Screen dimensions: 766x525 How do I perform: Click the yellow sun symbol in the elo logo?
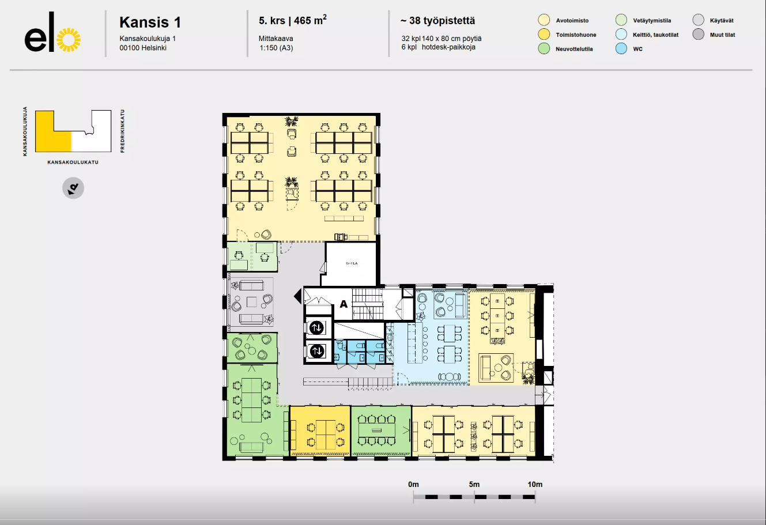click(69, 40)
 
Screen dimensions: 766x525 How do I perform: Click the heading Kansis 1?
click(150, 22)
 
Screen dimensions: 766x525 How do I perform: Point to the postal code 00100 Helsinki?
click(143, 48)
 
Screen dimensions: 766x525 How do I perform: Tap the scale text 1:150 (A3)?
click(276, 48)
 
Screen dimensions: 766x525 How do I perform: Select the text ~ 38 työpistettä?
click(437, 21)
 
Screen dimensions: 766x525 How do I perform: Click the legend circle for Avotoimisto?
click(544, 20)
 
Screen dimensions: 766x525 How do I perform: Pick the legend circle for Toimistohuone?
click(544, 35)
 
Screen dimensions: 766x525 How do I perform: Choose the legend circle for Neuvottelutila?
click(544, 48)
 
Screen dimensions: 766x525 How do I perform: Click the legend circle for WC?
click(621, 48)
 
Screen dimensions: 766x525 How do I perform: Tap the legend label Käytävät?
click(722, 21)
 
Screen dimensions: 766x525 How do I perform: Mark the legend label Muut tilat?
click(722, 35)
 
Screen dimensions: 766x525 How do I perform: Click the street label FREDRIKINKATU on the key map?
click(122, 131)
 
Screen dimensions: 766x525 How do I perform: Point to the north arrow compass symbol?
click(73, 188)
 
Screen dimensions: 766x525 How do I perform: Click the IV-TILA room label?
click(352, 263)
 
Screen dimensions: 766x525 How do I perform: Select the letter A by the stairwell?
click(344, 304)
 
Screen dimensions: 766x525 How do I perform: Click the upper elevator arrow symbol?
click(316, 328)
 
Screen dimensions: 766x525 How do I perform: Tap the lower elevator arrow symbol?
click(316, 351)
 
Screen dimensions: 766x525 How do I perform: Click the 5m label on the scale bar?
click(474, 484)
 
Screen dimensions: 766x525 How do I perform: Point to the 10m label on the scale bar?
click(535, 484)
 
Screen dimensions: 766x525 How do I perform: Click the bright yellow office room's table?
click(325, 435)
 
